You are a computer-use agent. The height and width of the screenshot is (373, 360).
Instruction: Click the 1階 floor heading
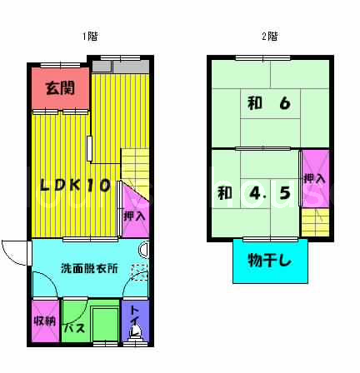90,37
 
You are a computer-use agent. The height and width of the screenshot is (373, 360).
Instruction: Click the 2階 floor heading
270,37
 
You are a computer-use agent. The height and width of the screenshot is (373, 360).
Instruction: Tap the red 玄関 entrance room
60,88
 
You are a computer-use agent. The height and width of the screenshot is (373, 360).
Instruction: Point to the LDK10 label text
75,185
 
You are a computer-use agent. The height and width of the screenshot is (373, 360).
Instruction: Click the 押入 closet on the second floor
315,178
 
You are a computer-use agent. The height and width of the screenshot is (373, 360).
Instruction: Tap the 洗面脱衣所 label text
89,269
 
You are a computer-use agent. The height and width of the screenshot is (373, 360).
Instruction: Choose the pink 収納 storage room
45,321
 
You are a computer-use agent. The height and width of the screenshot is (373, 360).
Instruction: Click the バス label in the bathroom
75,328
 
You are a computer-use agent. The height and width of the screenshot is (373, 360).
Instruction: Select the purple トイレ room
136,321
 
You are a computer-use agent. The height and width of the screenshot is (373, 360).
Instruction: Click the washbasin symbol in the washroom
144,250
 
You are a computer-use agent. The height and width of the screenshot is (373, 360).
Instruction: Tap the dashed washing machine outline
140,273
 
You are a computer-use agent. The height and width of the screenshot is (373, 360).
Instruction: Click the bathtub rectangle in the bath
106,324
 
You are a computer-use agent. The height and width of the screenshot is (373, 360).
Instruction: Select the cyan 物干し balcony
270,261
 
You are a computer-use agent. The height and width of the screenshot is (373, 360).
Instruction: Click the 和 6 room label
269,103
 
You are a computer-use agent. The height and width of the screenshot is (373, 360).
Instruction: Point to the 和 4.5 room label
254,193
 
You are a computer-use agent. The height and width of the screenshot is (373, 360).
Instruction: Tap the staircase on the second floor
316,222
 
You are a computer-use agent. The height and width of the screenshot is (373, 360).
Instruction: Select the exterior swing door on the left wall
16,253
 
